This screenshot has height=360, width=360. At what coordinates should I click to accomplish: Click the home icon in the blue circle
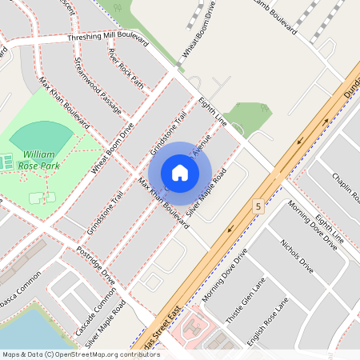[180, 173]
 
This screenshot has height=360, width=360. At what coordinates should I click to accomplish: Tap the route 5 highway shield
[258, 206]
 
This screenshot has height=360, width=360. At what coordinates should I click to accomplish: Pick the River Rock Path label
[126, 68]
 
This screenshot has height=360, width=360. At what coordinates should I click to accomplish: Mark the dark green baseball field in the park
[38, 135]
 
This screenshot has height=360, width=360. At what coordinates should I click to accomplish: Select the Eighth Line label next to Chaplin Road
[329, 229]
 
